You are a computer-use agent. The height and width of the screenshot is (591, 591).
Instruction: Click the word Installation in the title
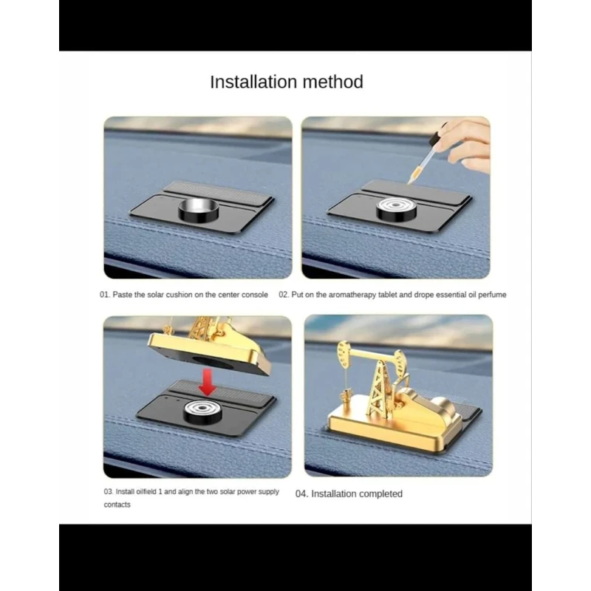click(x=253, y=82)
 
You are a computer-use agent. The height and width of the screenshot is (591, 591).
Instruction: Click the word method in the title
click(x=333, y=82)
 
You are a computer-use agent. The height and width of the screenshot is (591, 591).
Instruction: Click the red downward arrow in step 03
click(x=207, y=382)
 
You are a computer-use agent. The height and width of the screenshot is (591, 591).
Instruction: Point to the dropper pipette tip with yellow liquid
click(x=409, y=182)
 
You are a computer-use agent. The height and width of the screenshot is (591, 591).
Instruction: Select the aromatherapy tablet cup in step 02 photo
click(x=396, y=210)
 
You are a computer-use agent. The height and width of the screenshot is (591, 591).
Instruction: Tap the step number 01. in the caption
click(x=105, y=295)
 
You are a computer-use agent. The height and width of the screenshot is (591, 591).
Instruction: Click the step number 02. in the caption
click(x=284, y=295)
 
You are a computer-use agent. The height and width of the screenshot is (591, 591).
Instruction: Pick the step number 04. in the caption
click(x=301, y=493)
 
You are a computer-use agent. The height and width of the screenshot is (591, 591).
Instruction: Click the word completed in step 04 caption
click(x=380, y=494)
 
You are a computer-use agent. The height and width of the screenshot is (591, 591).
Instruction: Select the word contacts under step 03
click(x=117, y=505)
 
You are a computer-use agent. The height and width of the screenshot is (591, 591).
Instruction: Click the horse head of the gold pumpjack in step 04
click(x=344, y=355)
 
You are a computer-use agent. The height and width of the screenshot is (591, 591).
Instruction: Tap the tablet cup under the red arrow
click(x=202, y=412)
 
